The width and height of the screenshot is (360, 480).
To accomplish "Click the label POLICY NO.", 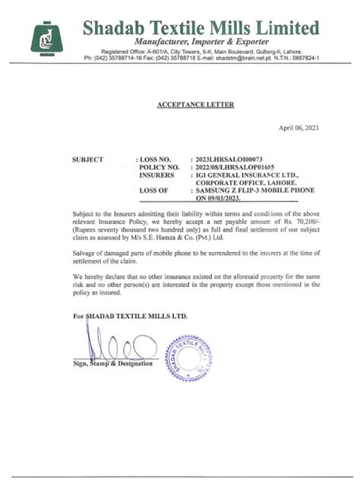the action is click(159, 168).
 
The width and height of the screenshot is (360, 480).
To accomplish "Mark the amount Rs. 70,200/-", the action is click(298, 219).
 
